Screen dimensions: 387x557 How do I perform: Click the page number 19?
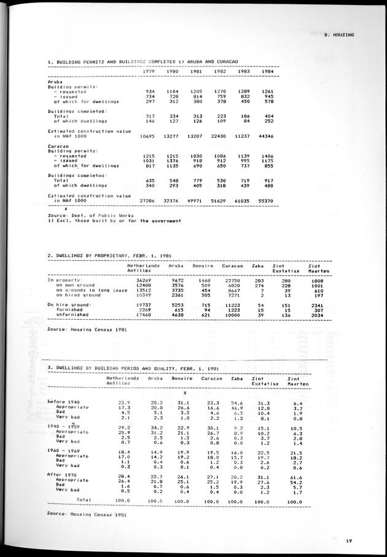[348, 540]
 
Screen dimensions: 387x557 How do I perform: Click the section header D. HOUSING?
[340, 35]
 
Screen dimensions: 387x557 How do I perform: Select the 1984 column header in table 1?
[267, 71]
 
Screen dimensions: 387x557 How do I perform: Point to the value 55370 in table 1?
[267, 200]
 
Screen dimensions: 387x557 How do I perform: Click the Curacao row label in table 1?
[58, 146]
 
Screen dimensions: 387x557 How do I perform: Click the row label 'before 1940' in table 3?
[64, 401]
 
